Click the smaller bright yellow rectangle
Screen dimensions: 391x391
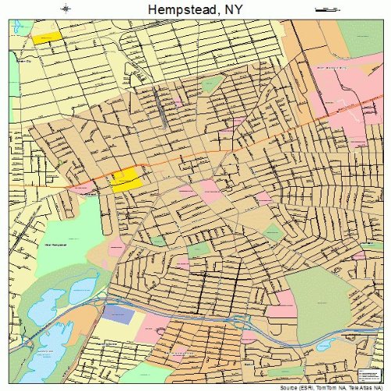[45, 37]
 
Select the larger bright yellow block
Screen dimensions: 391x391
[127, 181]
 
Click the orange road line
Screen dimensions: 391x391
[235, 141]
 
